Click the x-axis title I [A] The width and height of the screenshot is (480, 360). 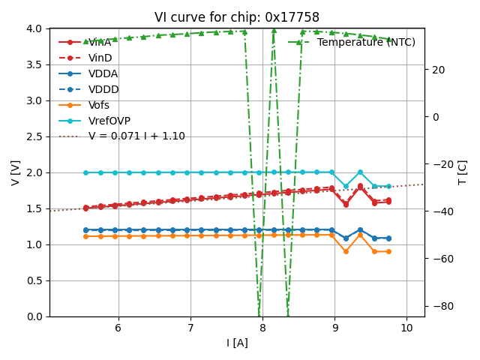point(237,343)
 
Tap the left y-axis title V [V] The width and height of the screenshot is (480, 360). point(16,172)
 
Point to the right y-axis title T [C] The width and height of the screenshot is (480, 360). point(463,172)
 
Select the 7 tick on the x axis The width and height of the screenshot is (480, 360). point(190,328)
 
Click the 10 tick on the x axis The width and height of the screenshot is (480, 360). point(407,328)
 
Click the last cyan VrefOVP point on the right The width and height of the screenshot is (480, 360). point(388,186)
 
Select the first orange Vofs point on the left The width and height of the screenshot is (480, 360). point(85,236)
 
